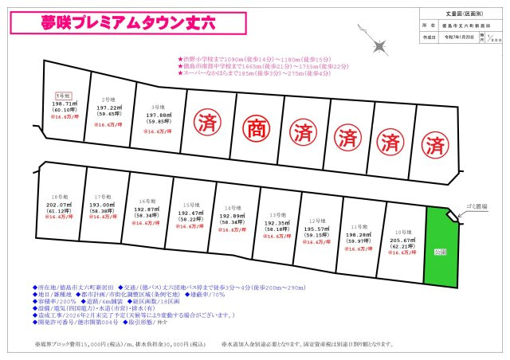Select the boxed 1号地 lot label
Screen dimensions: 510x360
coord(64,96)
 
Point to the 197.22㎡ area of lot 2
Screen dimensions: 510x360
coord(109,108)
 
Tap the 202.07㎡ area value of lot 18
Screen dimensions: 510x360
coord(56,204)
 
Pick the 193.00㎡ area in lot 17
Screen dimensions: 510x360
coord(101,204)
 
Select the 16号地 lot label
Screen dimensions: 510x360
coord(146,202)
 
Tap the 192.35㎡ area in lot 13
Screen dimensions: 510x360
coord(278,224)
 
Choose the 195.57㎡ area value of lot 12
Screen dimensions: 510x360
coord(319,229)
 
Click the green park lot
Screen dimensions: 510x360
coord(441,247)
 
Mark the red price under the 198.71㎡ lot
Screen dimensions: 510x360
coord(64,116)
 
